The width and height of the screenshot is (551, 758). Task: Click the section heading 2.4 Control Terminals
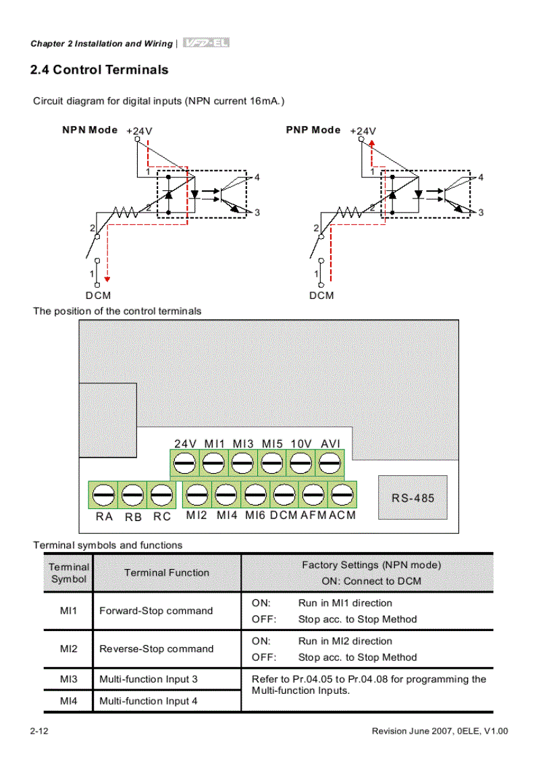tap(99, 70)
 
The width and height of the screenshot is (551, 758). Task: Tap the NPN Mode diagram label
tap(90, 130)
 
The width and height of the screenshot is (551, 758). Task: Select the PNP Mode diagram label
tap(313, 130)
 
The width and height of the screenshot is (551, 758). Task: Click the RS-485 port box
tap(413, 498)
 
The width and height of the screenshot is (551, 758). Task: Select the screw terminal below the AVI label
tap(329, 464)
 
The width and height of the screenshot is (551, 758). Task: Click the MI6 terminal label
tap(255, 515)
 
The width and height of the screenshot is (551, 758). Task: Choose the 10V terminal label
tap(301, 443)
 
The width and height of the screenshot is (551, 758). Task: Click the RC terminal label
tap(162, 516)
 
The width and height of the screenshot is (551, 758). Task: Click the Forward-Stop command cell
tap(156, 611)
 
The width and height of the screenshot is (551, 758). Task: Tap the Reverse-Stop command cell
tap(156, 649)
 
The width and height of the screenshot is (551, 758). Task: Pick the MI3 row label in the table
tap(68, 679)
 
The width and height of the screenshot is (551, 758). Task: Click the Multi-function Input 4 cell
tap(149, 701)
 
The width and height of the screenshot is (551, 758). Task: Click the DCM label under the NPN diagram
tap(98, 296)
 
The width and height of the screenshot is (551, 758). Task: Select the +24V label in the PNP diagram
tap(363, 131)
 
